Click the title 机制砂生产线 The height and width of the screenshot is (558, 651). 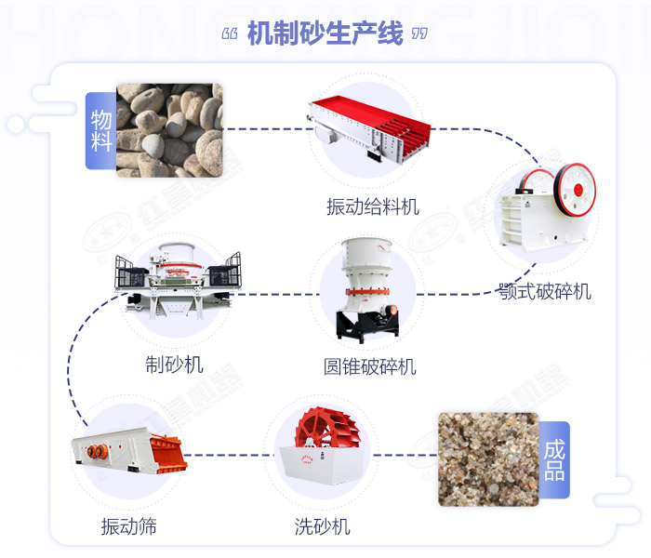325,34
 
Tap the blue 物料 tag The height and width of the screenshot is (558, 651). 100,130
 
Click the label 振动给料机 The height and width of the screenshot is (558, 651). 372,206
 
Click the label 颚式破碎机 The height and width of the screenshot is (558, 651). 543,292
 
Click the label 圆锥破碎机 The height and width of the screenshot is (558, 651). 370,366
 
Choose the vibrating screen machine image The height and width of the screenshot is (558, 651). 129,453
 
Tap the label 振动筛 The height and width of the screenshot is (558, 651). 129,527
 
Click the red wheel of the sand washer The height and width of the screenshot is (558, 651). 326,437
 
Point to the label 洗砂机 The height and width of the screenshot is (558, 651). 323,527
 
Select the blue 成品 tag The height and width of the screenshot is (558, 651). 553,459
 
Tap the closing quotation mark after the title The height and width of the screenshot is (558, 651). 419,34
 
